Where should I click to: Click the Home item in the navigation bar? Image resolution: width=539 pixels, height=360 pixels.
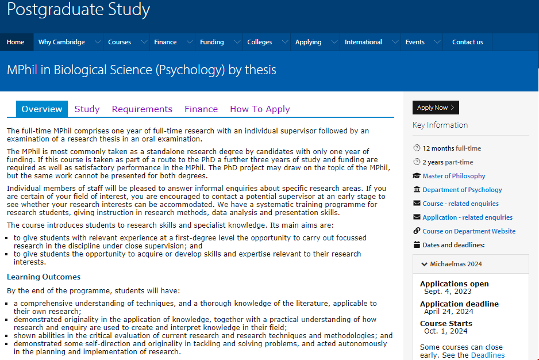pos(16,42)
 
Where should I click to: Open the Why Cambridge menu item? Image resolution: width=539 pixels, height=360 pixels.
pos(61,42)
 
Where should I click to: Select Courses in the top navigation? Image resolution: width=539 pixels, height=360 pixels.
pos(120,42)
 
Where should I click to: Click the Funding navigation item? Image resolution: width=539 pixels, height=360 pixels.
pos(212,42)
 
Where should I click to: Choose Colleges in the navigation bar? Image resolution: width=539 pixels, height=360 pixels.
pos(259,42)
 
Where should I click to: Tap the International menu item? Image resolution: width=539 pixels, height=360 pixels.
pos(363,42)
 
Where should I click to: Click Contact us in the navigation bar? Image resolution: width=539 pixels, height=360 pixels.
pos(468,42)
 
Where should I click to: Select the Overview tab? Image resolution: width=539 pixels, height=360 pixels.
pos(42,109)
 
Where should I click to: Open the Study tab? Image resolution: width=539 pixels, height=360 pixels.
pos(87,109)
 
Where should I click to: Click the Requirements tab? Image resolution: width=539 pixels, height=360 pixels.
pos(142,109)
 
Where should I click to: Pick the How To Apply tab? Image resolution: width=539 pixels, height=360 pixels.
pos(260,109)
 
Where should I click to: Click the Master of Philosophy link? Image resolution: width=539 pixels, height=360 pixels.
pos(454,176)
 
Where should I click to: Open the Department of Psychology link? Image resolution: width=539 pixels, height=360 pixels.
pos(462,190)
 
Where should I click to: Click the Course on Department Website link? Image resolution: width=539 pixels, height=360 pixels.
pos(469,231)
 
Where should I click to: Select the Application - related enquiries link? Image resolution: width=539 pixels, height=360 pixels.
pos(467,217)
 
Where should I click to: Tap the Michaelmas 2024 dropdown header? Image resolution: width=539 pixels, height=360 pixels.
pos(456,264)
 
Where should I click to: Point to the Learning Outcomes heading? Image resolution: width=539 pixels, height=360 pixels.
pos(44,277)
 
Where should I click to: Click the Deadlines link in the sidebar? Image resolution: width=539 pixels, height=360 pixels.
pos(487,355)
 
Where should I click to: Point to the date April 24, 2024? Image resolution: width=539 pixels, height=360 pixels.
pos(448,312)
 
